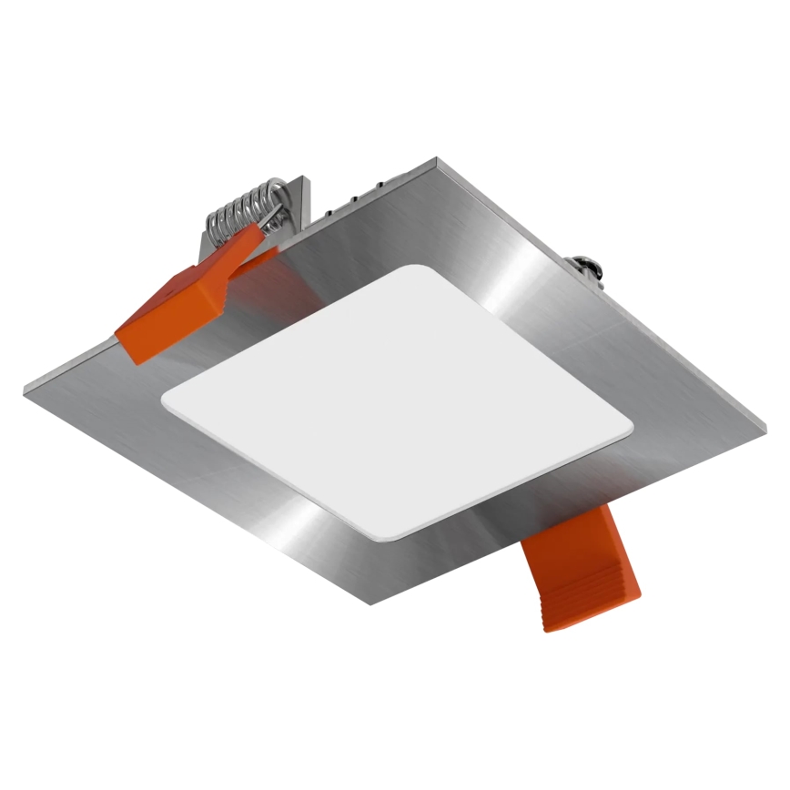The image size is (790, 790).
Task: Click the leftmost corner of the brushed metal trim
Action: pyautogui.click(x=25, y=387)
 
